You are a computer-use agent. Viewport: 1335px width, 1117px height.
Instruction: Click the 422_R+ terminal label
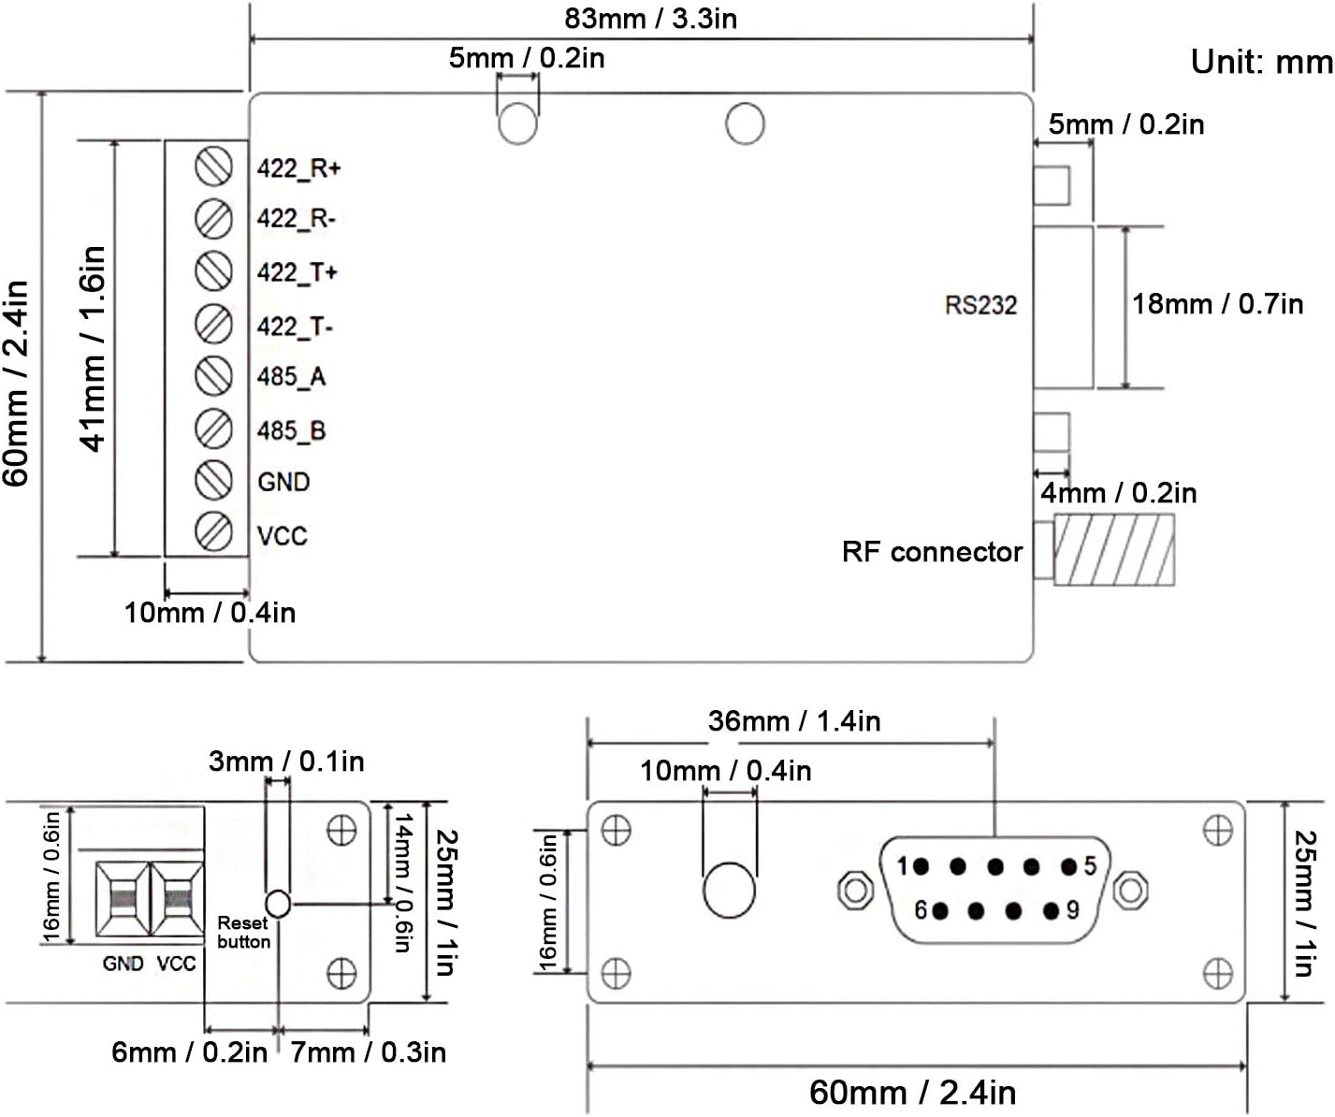tap(298, 168)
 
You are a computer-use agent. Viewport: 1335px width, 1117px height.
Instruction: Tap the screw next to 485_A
tap(214, 376)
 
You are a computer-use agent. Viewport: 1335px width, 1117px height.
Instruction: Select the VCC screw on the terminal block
tap(214, 531)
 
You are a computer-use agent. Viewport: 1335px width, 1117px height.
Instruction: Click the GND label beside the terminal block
tap(283, 482)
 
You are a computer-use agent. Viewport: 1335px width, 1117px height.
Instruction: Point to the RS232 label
tap(980, 305)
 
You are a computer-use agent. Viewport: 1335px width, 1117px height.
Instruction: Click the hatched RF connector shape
tap(1113, 550)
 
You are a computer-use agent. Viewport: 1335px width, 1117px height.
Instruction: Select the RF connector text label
tap(932, 552)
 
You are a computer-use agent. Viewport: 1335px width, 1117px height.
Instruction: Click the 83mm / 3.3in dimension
tap(650, 19)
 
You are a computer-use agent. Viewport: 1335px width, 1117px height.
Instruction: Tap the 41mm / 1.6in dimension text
tap(94, 348)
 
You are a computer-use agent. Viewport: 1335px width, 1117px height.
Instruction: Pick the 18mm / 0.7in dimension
tap(1217, 304)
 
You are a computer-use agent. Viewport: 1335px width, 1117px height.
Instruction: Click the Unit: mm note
tap(1261, 62)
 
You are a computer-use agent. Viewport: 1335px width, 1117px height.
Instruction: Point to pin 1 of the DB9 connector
tap(921, 866)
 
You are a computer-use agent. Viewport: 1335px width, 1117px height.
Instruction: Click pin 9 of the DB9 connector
tap(1052, 910)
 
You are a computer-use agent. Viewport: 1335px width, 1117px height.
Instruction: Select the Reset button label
tap(243, 932)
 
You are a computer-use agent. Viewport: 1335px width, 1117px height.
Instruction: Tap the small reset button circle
tap(278, 904)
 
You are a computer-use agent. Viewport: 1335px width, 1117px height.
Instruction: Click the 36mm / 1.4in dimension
tap(793, 721)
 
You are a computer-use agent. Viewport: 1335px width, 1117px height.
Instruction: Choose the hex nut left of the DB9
tap(855, 889)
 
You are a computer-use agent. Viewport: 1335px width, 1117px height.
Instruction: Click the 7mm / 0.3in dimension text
tap(368, 1052)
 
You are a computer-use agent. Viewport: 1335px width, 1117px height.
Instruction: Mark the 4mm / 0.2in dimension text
tap(1118, 493)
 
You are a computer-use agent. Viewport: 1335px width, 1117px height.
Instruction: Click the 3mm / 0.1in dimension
tap(286, 762)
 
